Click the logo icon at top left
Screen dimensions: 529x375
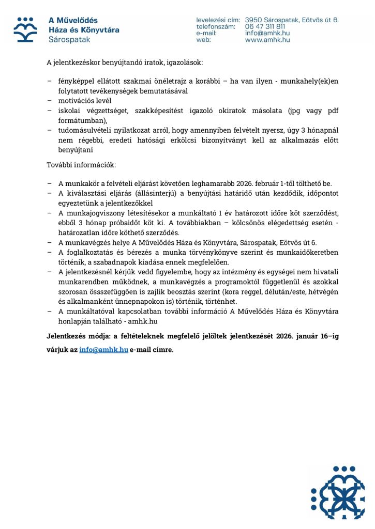25,29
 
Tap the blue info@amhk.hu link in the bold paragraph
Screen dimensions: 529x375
103,349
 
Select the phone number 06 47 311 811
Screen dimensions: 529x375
265,26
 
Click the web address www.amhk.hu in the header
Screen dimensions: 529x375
267,39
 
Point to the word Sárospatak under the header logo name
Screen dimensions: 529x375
65,40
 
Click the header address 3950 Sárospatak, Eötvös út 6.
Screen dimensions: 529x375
292,20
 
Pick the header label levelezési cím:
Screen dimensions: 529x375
217,20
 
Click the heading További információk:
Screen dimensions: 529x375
81,165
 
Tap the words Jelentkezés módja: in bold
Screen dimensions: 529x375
77,336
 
